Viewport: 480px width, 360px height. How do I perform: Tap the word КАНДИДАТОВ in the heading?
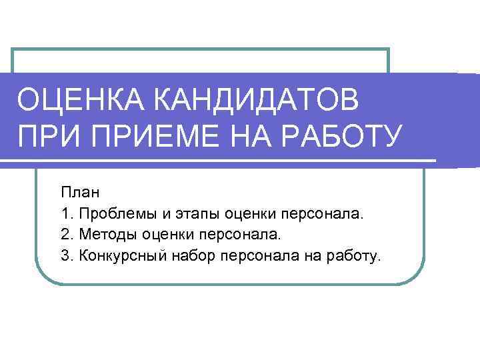click(257, 102)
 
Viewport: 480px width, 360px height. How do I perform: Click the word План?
click(80, 193)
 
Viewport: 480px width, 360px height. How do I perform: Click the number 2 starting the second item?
click(65, 235)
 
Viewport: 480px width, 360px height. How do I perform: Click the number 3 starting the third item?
click(65, 256)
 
